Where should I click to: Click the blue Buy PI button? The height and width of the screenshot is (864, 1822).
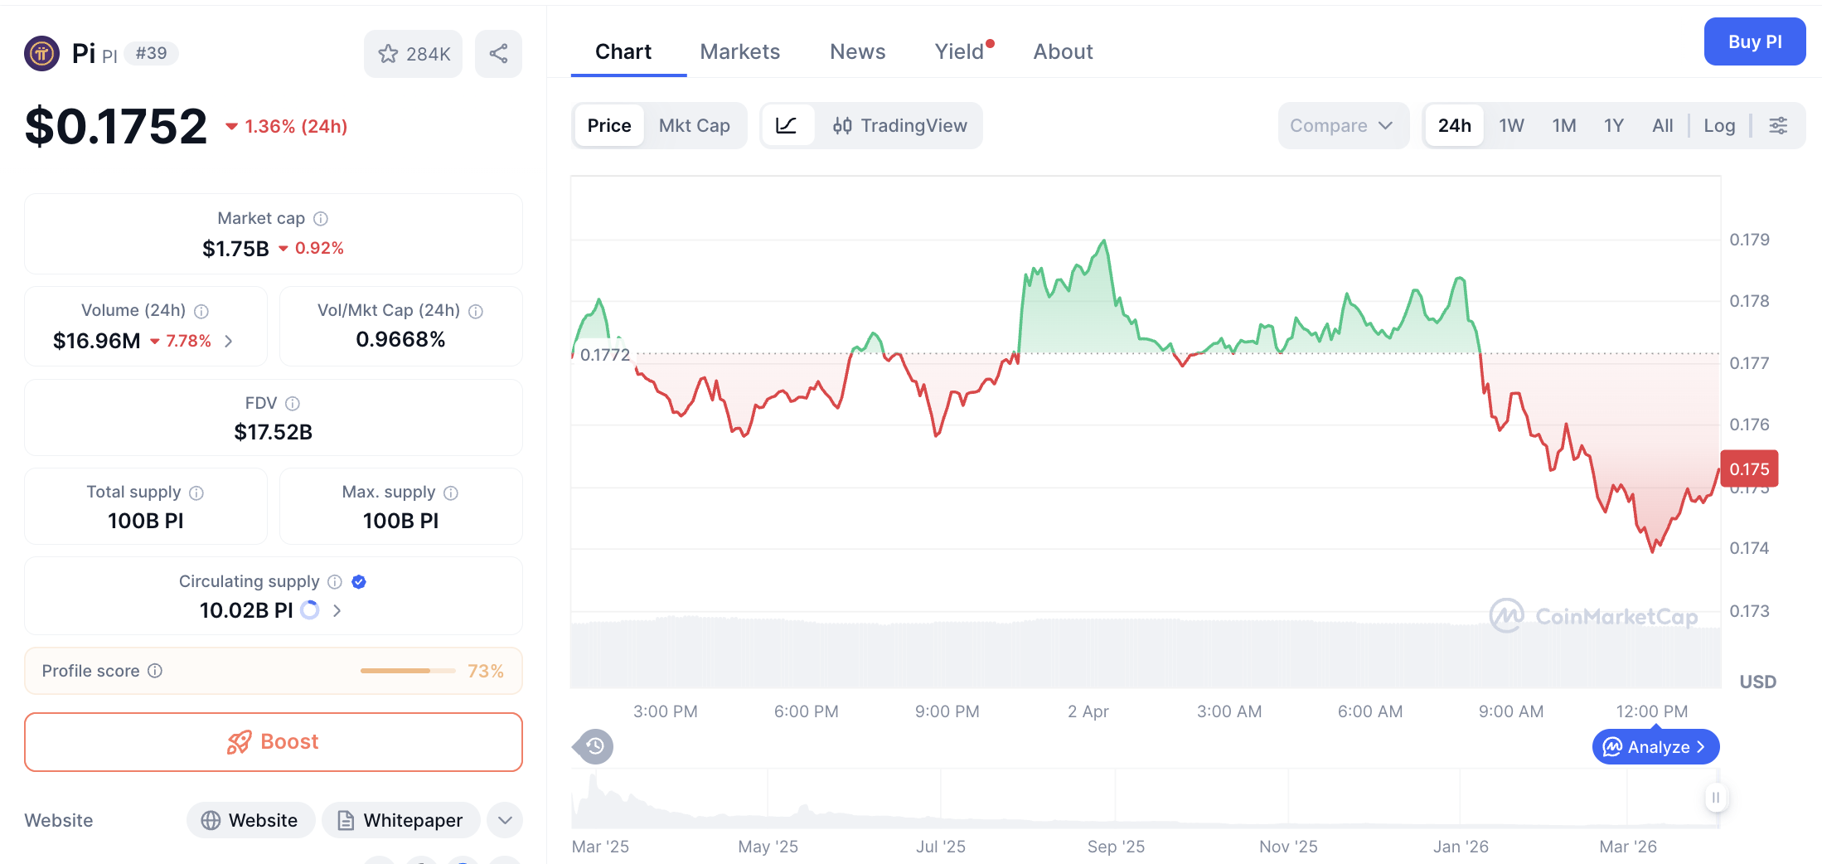[1754, 41]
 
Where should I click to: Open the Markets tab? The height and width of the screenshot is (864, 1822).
[739, 51]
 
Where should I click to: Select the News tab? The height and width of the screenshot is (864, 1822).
[857, 51]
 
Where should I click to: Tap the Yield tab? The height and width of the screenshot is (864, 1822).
[959, 51]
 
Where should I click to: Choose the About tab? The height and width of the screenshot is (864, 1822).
[1063, 51]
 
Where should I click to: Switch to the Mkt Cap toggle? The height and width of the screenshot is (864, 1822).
[694, 125]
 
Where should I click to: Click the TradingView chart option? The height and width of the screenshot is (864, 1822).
[900, 125]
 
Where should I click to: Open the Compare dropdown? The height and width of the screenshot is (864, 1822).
[1341, 125]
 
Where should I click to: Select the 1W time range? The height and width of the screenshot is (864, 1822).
[1511, 125]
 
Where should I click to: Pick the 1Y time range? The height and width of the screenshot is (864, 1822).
[1613, 125]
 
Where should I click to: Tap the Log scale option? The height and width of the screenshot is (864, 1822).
[1719, 125]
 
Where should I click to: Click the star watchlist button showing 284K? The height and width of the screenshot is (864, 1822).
[414, 54]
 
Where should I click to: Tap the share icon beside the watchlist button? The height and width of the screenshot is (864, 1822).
[498, 54]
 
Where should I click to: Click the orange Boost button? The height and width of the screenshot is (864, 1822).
[274, 741]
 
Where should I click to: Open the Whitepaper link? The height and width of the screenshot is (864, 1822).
[401, 820]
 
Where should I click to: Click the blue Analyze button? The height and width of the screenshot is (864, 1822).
[1655, 747]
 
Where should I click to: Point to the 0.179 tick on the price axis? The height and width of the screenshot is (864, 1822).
[1749, 240]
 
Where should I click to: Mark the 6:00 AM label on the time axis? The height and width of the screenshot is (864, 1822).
[1369, 711]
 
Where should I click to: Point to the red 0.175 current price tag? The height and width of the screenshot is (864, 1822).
[1749, 469]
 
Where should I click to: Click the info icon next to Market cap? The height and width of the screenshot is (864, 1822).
[321, 218]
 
